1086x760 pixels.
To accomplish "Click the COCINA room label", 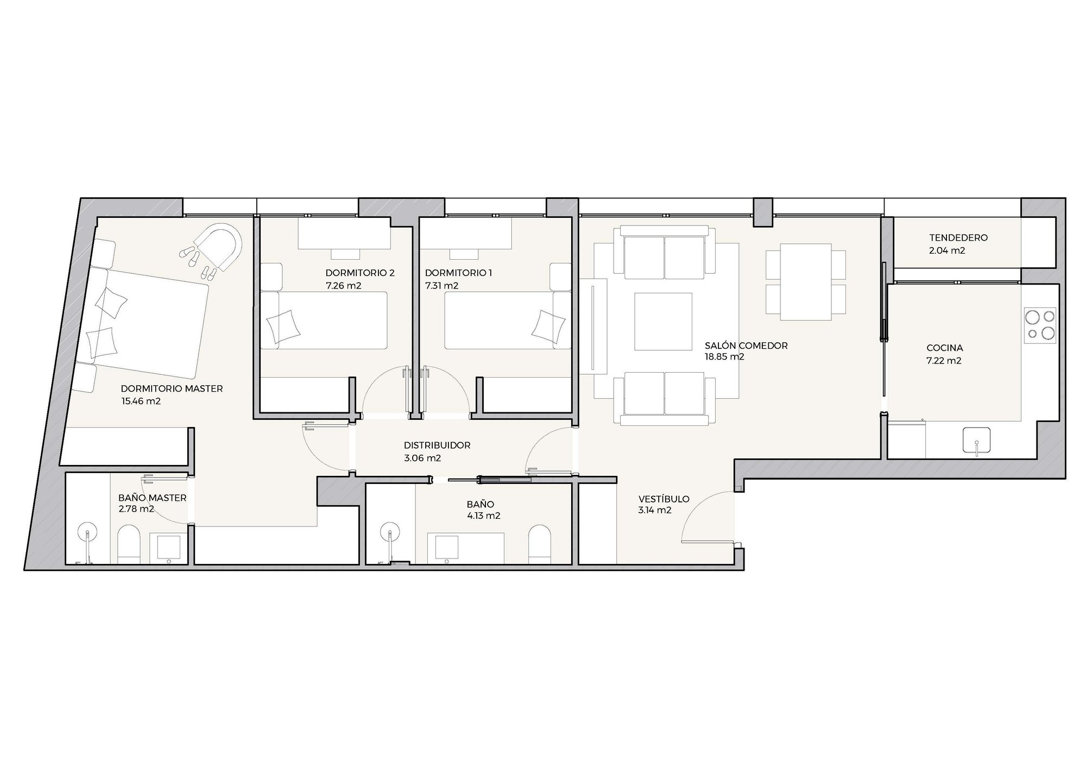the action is (x=944, y=348).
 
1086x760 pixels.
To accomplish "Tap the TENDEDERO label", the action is (x=958, y=237).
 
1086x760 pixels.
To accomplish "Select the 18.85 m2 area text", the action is (x=724, y=357).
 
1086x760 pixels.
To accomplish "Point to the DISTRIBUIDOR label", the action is (x=437, y=445).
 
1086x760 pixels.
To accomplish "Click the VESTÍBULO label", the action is (x=664, y=499).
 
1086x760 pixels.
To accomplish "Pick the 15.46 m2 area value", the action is (x=141, y=401).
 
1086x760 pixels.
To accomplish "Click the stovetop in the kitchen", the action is (x=1040, y=325).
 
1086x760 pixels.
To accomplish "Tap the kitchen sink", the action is (x=976, y=440).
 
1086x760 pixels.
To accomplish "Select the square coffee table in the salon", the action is (x=664, y=322).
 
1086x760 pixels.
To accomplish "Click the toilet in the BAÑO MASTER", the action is (x=129, y=544).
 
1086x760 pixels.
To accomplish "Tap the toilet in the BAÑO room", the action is (x=540, y=544).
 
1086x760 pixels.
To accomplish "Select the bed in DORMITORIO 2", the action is (x=324, y=321).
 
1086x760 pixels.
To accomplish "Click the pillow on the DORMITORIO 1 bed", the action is (x=545, y=326).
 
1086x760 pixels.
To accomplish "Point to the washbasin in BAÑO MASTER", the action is (x=168, y=549).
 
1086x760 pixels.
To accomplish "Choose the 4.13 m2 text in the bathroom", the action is (x=484, y=516).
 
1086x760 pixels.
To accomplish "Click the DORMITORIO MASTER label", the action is (x=172, y=388).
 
